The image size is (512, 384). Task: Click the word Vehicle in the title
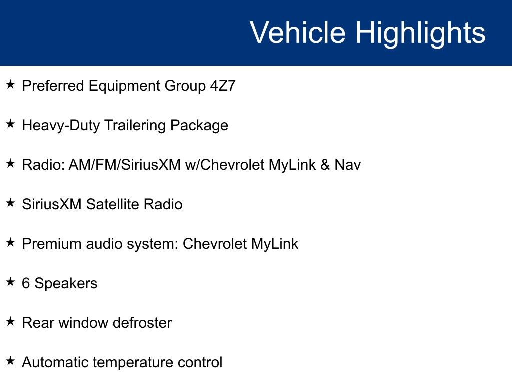point(297,33)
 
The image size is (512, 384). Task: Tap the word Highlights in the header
point(420,33)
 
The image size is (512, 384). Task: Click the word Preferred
point(53,86)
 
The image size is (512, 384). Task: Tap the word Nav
point(348,165)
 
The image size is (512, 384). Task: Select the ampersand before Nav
point(325,165)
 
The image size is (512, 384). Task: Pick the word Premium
point(51,244)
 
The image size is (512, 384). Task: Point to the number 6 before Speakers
point(26,283)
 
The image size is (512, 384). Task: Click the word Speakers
point(66,283)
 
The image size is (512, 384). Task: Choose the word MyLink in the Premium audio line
point(275,244)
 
